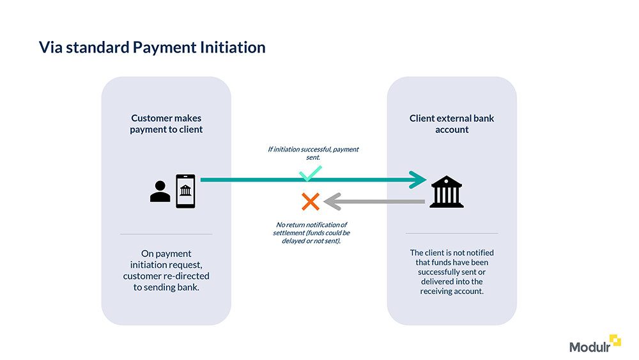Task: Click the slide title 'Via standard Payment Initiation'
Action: [151, 47]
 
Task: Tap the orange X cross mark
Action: [311, 202]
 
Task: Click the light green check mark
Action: [311, 173]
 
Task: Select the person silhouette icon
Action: [160, 191]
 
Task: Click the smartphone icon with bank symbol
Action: [185, 191]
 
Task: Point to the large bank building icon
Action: [447, 191]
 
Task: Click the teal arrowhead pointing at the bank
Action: [419, 180]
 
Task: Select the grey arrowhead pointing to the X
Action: [330, 202]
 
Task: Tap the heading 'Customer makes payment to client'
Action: [166, 124]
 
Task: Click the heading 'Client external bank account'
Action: [452, 124]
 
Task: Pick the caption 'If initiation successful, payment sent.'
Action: [313, 152]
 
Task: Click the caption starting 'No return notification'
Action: [311, 233]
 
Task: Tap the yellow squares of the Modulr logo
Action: [615, 340]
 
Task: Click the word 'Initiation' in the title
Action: [233, 47]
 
